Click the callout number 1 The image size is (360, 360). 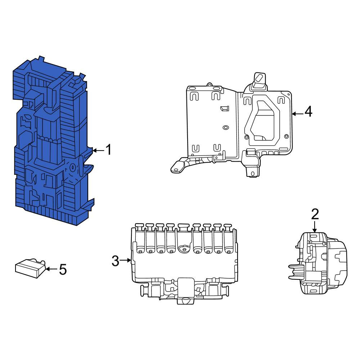[108, 149]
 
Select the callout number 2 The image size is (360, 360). [315, 214]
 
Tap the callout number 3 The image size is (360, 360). [116, 261]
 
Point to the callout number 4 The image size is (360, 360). [309, 112]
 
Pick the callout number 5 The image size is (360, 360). [63, 269]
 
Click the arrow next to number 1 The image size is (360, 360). [98, 150]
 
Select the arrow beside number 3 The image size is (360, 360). [126, 260]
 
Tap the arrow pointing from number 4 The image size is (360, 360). [298, 113]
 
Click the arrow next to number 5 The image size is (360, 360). [51, 269]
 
